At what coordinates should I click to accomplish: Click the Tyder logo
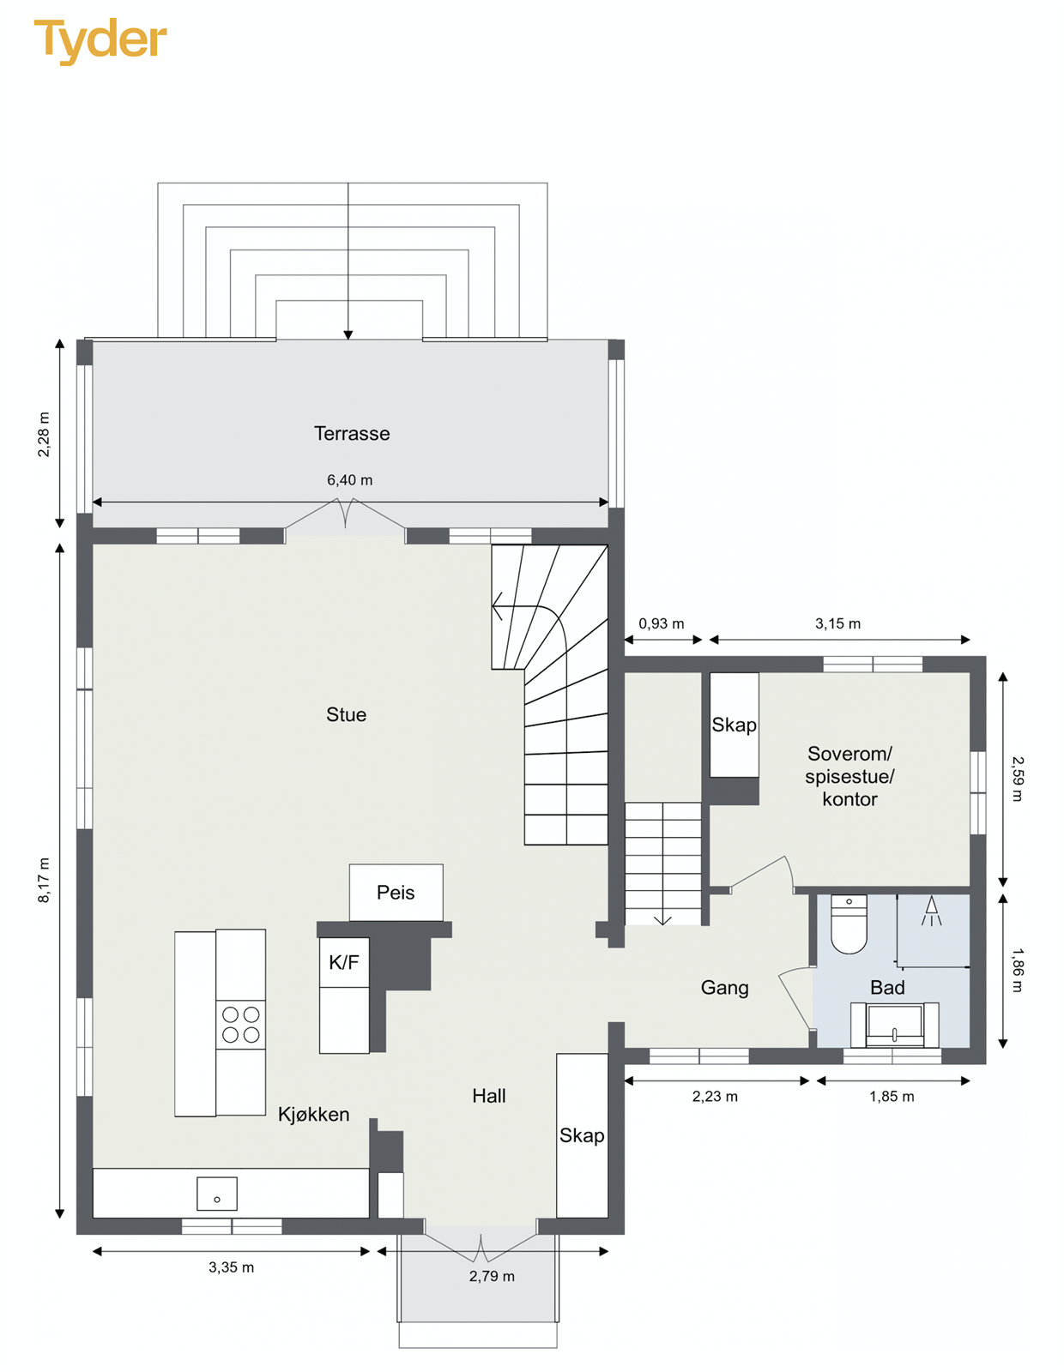click(x=100, y=41)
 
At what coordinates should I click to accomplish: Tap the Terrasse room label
click(x=352, y=433)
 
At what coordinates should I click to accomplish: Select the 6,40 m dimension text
click(x=349, y=480)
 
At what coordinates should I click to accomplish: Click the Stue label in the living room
click(x=347, y=714)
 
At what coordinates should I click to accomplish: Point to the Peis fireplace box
click(x=396, y=892)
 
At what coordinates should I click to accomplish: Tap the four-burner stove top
click(x=241, y=1024)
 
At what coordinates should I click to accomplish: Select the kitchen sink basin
click(x=217, y=1194)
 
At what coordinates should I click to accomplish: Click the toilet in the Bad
click(x=849, y=924)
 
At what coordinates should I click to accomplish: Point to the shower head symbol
click(x=931, y=911)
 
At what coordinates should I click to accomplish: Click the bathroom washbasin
click(x=895, y=1025)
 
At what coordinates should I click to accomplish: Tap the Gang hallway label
click(x=725, y=987)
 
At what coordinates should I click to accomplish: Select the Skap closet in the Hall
click(x=582, y=1135)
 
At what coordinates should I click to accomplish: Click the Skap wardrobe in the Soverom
click(x=735, y=725)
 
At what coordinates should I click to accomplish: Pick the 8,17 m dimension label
click(x=44, y=880)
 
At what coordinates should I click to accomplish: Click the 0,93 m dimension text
click(x=662, y=623)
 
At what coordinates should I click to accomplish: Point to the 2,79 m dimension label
click(x=492, y=1276)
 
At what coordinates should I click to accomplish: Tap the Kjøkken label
click(x=313, y=1114)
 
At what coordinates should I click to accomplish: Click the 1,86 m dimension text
click(x=1018, y=970)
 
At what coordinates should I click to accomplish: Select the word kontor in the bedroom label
click(x=849, y=799)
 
